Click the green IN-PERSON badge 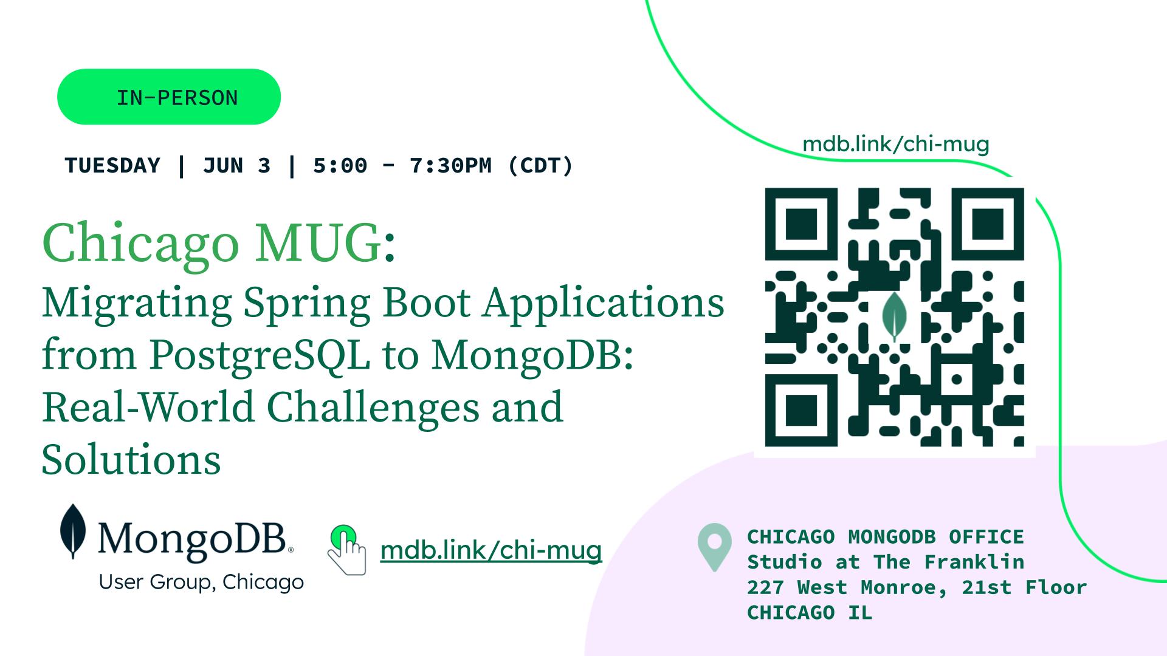[x=169, y=97]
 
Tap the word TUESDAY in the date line [x=112, y=166]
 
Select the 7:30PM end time [x=450, y=166]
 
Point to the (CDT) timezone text [x=540, y=166]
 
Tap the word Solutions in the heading [x=131, y=459]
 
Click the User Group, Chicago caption [x=201, y=583]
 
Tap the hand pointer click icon [x=347, y=550]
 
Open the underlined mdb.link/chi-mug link [x=491, y=550]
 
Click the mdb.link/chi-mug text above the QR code [x=896, y=144]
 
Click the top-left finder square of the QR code [x=801, y=224]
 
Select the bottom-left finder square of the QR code [x=801, y=411]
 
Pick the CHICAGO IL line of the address [x=810, y=613]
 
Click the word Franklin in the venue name [x=974, y=562]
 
